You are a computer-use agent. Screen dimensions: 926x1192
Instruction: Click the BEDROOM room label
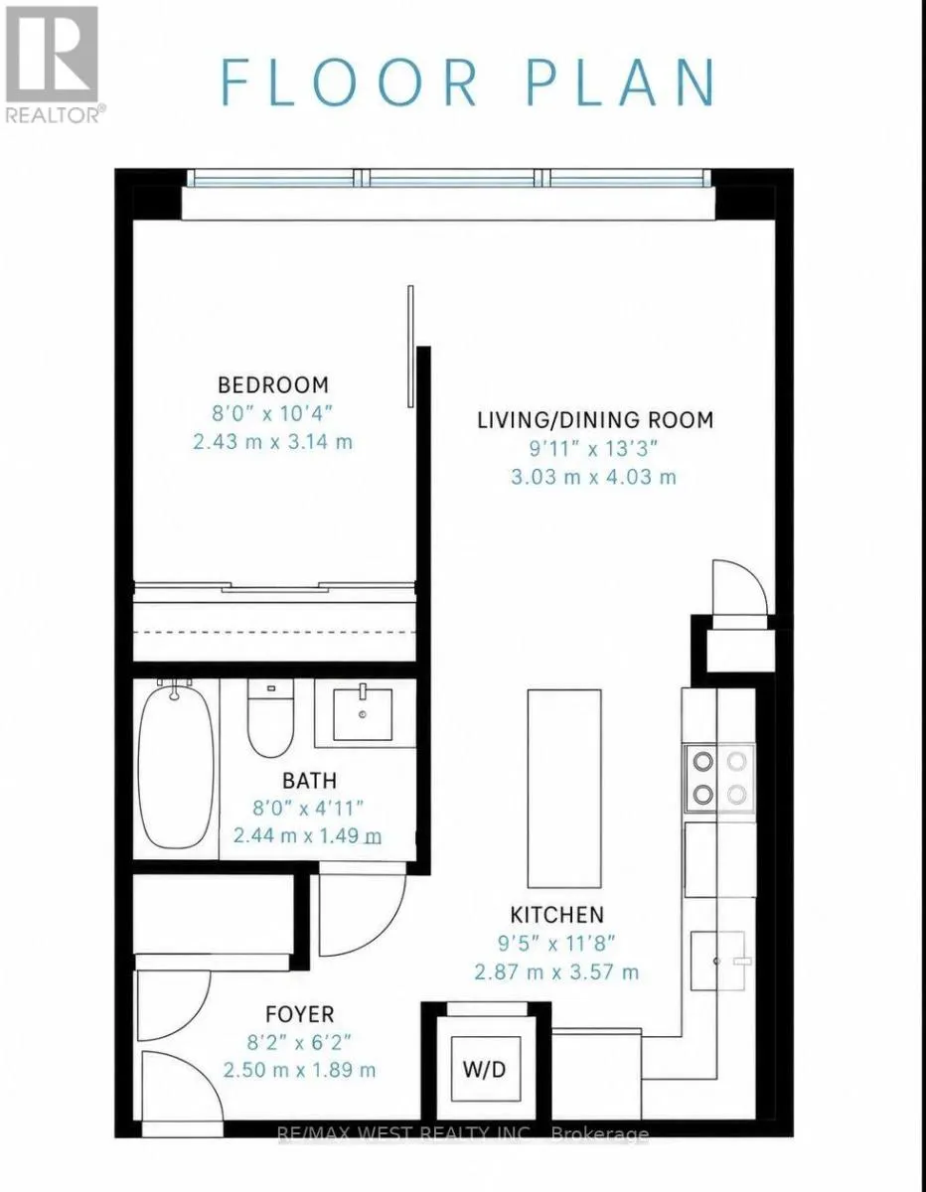tap(273, 385)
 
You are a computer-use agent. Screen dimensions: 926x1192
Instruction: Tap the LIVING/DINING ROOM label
tap(595, 420)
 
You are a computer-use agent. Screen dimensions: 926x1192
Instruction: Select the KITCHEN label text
tap(556, 915)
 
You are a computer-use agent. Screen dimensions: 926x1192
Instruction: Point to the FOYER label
tap(299, 1014)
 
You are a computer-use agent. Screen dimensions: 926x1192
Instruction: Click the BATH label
tap(309, 780)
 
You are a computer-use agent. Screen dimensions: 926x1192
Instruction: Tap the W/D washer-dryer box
tap(485, 1069)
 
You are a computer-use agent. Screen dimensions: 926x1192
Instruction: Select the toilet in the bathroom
tap(270, 718)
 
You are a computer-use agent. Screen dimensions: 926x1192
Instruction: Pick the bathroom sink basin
tap(363, 715)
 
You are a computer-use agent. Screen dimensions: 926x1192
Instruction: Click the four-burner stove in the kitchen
tap(719, 778)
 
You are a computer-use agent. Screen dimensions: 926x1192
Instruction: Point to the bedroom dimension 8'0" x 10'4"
tap(272, 413)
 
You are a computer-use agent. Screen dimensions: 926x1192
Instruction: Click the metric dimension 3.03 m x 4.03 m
tap(593, 477)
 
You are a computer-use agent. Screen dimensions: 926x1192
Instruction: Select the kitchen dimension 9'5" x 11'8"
tap(556, 944)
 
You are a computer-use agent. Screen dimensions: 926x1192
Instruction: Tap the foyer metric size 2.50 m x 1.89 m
tap(299, 1070)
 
